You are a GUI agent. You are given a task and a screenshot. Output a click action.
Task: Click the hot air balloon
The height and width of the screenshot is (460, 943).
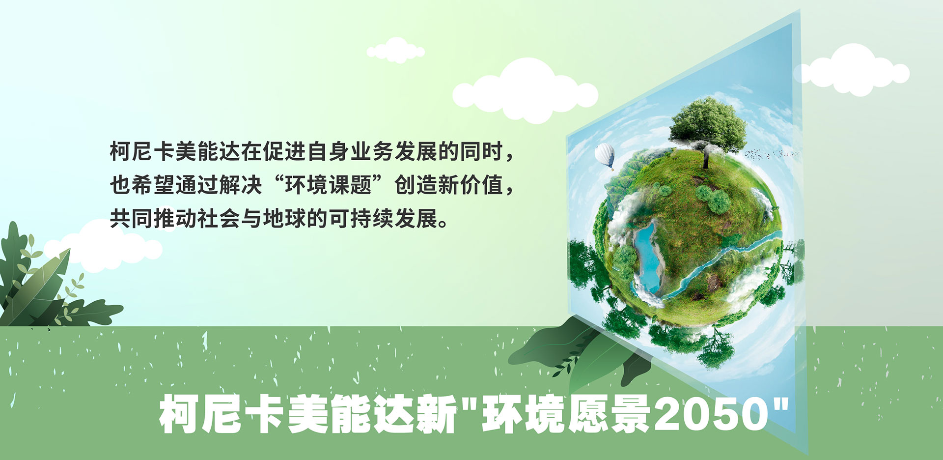[x=605, y=156]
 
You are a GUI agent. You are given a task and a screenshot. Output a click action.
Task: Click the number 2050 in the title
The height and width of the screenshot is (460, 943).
[x=712, y=414]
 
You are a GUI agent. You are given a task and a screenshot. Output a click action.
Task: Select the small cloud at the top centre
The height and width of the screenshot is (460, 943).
[x=396, y=50]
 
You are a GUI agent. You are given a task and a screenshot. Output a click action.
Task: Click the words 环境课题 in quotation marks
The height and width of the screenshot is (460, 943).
[x=329, y=185]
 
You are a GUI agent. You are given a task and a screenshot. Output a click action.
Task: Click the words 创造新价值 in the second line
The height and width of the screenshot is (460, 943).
[x=449, y=185]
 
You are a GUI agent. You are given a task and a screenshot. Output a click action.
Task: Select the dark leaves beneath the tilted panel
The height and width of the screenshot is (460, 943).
[x=580, y=354]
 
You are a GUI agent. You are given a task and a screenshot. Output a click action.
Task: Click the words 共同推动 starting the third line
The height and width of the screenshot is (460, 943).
[x=153, y=219]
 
